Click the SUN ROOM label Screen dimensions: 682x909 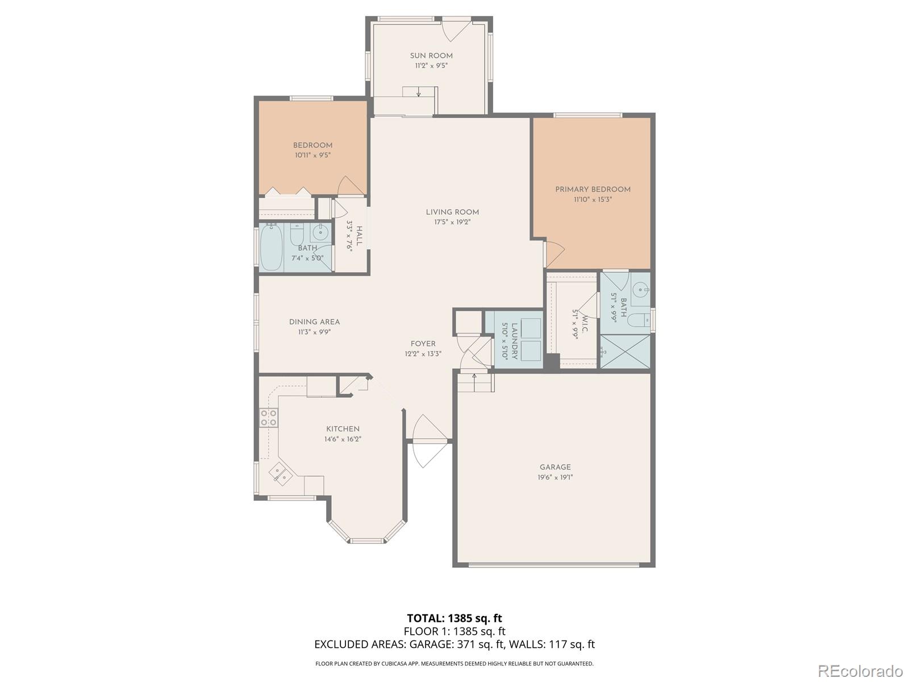coord(431,56)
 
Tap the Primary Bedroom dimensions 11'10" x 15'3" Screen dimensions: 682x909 coord(593,199)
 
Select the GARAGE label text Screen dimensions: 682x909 coord(555,467)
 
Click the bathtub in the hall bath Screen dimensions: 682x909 coord(272,247)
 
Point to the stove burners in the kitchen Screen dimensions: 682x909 coord(268,418)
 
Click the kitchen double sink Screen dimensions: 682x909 coord(280,473)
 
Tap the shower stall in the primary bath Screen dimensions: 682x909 coord(625,351)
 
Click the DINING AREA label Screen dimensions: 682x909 coord(314,322)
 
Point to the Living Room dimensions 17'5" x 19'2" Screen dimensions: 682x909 coord(452,222)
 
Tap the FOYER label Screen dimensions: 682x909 coord(423,344)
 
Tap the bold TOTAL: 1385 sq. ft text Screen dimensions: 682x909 coord(454,618)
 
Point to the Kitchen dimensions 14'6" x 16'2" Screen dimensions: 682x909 coord(343,439)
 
